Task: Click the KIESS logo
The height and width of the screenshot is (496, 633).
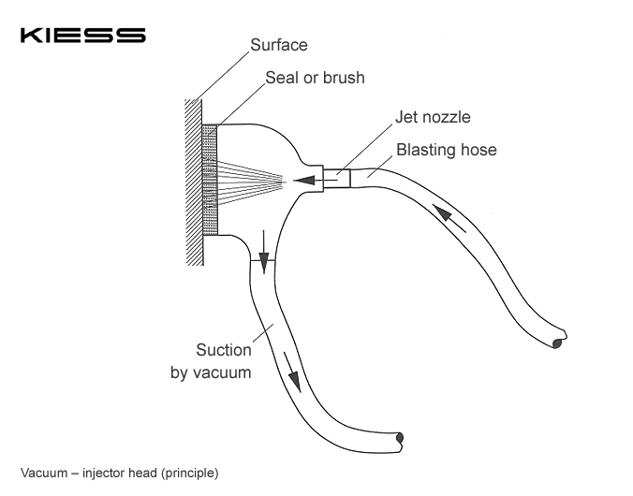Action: [82, 36]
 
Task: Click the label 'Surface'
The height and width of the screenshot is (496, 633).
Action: [279, 45]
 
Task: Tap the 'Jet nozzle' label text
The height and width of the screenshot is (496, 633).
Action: [432, 118]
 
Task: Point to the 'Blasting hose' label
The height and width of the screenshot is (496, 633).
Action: [446, 149]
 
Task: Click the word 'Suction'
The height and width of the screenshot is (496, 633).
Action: [223, 351]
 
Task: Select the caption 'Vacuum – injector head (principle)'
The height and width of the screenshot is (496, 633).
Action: [119, 473]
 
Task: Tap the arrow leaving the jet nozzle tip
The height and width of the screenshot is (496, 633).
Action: [304, 179]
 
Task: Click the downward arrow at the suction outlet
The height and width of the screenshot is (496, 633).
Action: [264, 260]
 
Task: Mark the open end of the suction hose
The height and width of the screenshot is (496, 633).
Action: [400, 437]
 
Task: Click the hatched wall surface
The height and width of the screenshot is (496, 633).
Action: [194, 178]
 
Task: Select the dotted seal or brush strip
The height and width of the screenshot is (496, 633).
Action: [210, 179]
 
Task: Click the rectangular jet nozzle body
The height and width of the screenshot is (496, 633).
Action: [336, 177]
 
